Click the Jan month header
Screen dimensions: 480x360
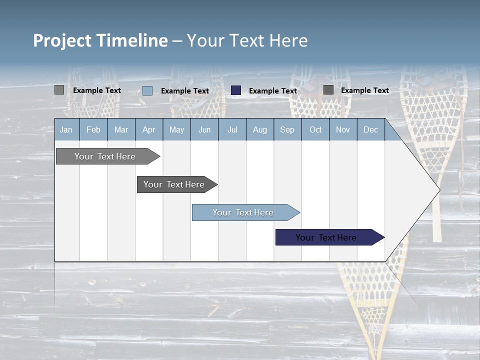coord(66,129)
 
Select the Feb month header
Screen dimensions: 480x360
coord(93,129)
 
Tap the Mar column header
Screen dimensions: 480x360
coord(121,129)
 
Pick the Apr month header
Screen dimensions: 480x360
coord(149,129)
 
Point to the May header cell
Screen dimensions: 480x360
coord(176,129)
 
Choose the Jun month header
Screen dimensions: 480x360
coord(204,129)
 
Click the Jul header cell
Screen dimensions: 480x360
coord(232,129)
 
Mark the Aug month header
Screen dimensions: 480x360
coord(260,129)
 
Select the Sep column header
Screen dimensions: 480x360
coord(287,129)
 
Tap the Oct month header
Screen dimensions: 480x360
coord(315,129)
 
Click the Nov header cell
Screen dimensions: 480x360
coord(343,129)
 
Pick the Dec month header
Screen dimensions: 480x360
coord(371,129)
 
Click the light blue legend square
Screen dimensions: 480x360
coord(147,90)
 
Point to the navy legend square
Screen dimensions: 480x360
coord(236,90)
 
